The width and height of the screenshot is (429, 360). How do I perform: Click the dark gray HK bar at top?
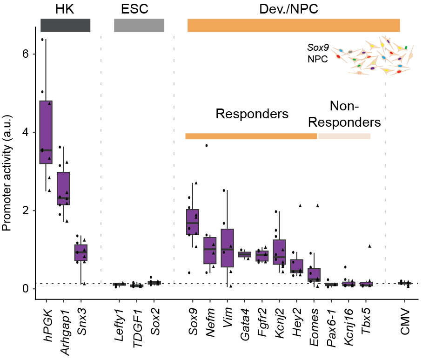click(x=65, y=25)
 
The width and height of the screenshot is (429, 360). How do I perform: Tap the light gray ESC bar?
click(x=139, y=25)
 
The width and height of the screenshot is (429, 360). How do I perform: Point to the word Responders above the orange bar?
click(x=252, y=114)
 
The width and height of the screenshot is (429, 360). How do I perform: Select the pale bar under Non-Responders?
click(x=344, y=136)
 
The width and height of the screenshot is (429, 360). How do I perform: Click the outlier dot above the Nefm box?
click(x=206, y=146)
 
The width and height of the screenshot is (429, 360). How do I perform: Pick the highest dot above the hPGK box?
click(x=42, y=40)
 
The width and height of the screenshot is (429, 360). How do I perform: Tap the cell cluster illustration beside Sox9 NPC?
click(x=375, y=56)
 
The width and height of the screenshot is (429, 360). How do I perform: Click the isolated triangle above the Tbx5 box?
click(x=369, y=246)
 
